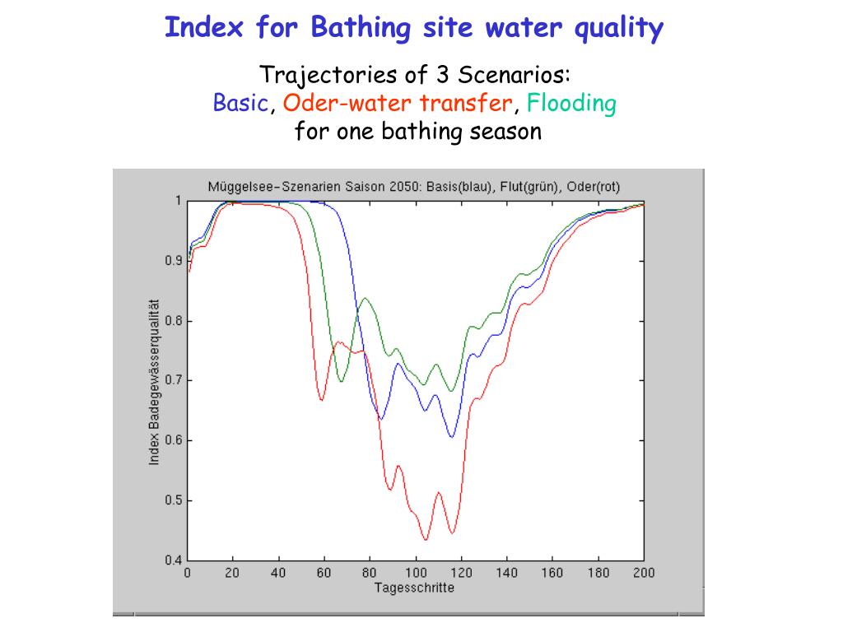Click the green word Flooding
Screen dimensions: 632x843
(571, 105)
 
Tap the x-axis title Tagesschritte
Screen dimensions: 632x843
(413, 588)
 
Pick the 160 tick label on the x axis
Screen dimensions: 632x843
(552, 573)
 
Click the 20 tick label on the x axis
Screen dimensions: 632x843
(233, 573)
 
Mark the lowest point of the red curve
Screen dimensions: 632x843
(426, 539)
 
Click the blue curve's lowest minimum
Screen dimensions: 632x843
(451, 437)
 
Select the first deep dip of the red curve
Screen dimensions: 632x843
(322, 400)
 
